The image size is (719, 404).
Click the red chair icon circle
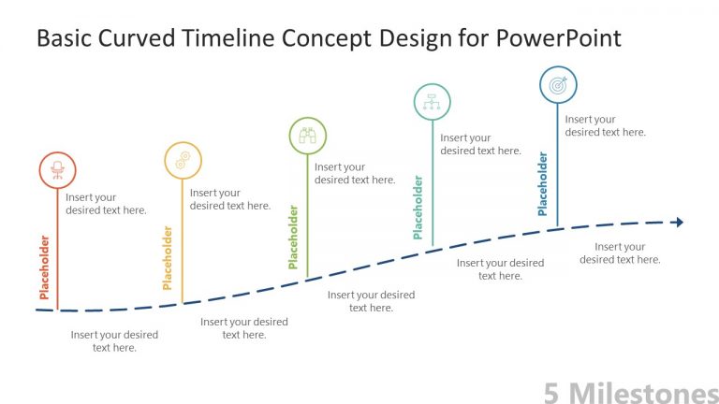click(x=57, y=170)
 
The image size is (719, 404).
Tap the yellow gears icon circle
click(x=183, y=160)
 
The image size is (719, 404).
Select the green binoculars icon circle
click(x=307, y=137)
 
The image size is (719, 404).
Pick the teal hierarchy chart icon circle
click(x=432, y=102)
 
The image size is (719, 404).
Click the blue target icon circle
click(x=558, y=85)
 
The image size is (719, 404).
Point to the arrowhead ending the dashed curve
click(x=678, y=222)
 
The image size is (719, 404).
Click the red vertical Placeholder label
click(x=44, y=267)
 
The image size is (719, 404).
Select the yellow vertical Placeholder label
click(x=169, y=257)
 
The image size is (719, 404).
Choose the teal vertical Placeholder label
click(x=418, y=208)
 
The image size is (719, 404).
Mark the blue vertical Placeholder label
click(x=543, y=184)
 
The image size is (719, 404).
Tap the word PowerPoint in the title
click(x=558, y=38)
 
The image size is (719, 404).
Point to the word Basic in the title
click(x=62, y=38)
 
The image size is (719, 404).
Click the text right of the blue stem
click(x=605, y=125)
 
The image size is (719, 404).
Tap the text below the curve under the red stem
click(x=114, y=340)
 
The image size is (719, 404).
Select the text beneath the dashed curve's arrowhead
click(x=620, y=252)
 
